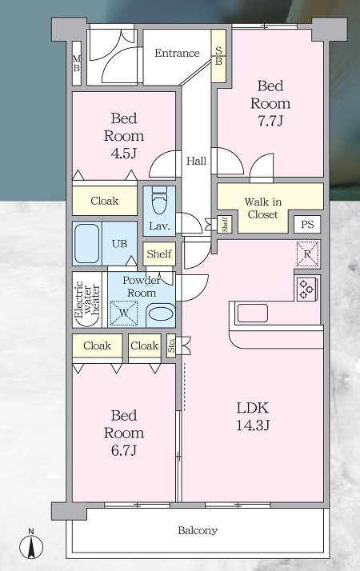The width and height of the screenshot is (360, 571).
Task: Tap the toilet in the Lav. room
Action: click(x=159, y=200)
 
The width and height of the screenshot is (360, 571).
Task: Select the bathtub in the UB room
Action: click(x=86, y=243)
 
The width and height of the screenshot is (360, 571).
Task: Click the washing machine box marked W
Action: click(x=124, y=313)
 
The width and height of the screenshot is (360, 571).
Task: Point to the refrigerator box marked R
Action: click(x=307, y=254)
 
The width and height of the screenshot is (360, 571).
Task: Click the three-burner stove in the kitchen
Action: click(x=306, y=289)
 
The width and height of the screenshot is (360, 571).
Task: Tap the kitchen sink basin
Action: click(x=253, y=313)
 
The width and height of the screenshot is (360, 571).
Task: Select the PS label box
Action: click(x=307, y=224)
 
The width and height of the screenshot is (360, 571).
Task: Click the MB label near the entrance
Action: click(x=77, y=63)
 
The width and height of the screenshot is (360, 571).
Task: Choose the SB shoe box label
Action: click(x=218, y=56)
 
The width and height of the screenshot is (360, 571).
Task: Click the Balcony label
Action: click(x=198, y=530)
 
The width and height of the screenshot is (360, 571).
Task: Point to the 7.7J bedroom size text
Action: click(x=270, y=121)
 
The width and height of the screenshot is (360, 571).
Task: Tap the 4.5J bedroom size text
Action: click(x=124, y=153)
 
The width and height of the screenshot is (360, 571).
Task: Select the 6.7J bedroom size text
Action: click(x=124, y=450)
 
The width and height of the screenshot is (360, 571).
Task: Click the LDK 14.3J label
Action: click(x=253, y=416)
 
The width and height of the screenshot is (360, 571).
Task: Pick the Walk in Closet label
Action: click(x=262, y=208)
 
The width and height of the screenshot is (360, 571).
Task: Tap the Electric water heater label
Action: click(x=86, y=299)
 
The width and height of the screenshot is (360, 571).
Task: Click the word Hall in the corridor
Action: click(x=196, y=161)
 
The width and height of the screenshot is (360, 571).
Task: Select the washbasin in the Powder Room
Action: click(x=161, y=314)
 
